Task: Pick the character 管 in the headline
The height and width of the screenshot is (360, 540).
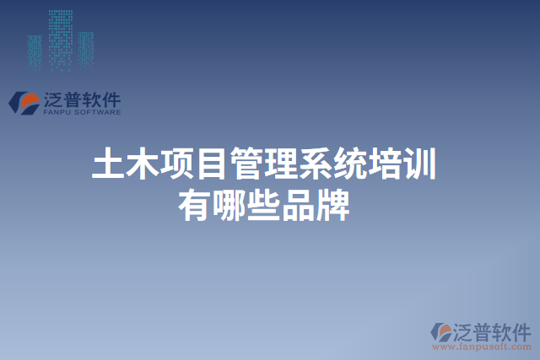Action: (246, 164)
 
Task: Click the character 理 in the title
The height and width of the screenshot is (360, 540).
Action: (281, 164)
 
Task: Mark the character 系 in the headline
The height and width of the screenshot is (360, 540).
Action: (316, 164)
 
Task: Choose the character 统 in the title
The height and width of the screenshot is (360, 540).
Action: (350, 164)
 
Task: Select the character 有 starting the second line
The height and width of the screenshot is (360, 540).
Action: (194, 205)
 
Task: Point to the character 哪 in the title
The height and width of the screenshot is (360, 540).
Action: (229, 205)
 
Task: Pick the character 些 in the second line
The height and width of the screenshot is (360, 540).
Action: (263, 205)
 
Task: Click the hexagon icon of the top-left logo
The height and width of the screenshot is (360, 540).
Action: (24, 102)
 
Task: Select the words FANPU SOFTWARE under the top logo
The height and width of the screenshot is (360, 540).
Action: (81, 111)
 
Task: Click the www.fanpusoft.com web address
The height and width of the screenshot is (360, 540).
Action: (480, 346)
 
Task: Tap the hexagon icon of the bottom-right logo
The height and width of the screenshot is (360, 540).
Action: (442, 330)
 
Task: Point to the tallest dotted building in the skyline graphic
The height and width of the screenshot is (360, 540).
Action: (60, 38)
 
